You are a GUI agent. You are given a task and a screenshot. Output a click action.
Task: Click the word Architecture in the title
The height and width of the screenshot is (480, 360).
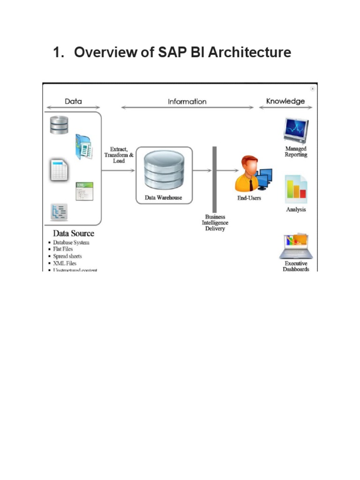[249, 52]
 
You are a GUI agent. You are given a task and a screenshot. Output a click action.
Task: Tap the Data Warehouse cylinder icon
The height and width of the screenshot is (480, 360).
[164, 170]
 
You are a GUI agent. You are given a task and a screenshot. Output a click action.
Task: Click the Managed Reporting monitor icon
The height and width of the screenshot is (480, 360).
[296, 131]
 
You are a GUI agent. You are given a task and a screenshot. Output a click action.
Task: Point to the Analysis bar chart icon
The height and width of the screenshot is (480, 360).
[296, 189]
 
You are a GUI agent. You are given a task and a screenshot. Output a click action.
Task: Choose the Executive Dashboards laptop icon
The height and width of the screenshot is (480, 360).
[295, 246]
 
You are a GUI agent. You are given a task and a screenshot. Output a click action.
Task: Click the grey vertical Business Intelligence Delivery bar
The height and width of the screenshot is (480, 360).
[215, 179]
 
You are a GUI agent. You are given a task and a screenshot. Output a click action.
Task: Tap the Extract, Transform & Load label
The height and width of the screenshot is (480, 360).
[119, 155]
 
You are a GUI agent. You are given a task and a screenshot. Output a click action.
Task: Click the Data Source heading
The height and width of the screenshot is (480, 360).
[73, 233]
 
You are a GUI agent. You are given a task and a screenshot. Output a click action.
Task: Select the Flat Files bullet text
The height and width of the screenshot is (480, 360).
[63, 249]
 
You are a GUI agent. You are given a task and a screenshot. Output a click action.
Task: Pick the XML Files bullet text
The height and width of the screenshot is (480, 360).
[65, 263]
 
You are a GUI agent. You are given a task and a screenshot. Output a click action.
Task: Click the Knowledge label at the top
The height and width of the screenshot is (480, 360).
[285, 101]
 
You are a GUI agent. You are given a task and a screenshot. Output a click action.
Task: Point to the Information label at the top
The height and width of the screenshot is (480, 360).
[187, 101]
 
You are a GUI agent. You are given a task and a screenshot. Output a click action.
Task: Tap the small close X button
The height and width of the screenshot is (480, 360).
[313, 89]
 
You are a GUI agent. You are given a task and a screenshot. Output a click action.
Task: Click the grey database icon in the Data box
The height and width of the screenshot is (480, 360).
[60, 125]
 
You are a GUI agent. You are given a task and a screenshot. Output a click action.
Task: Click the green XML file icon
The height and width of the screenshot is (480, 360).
[84, 191]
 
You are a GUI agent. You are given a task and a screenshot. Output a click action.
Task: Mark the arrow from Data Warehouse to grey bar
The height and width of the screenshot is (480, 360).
[202, 171]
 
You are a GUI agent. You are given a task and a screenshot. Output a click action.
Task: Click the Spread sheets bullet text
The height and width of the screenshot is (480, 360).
[67, 256]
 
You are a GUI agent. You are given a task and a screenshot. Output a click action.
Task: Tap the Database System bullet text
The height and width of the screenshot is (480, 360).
[71, 242]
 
